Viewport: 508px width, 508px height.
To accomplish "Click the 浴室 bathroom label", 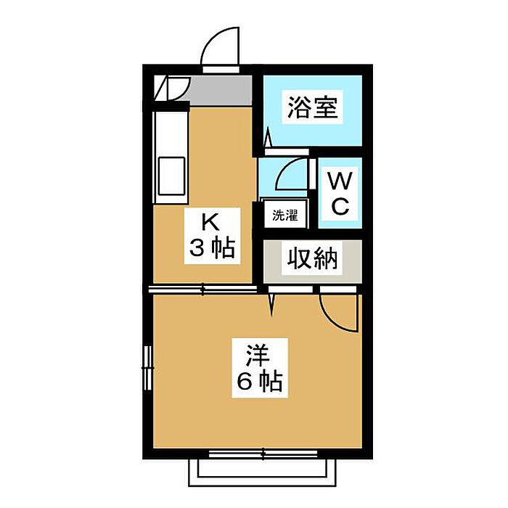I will [311, 109].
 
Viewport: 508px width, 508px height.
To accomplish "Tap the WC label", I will [340, 192].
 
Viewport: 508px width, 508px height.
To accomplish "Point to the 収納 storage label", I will [313, 258].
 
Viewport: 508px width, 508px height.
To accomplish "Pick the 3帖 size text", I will [211, 249].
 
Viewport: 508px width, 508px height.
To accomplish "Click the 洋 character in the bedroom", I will [258, 356].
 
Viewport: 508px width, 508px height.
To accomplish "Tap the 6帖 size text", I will [258, 382].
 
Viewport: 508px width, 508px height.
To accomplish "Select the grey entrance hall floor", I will [218, 89].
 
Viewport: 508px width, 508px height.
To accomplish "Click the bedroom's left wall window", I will [148, 367].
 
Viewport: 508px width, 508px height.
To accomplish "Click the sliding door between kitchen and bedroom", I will [203, 289].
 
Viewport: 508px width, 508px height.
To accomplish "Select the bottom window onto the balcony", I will [258, 454].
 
